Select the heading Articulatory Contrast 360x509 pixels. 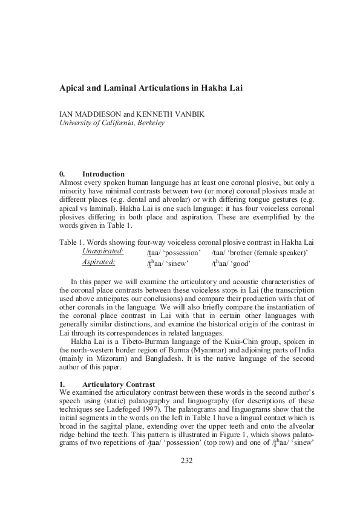119,384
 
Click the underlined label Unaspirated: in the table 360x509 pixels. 103,251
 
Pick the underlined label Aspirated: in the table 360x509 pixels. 99,262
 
